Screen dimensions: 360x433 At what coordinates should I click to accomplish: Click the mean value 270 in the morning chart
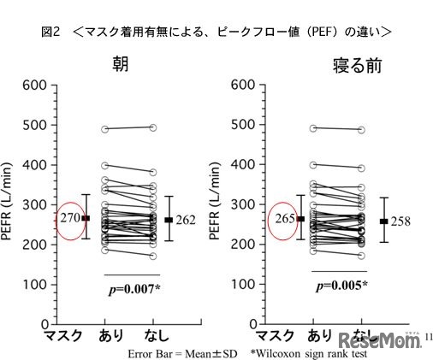click(x=70, y=219)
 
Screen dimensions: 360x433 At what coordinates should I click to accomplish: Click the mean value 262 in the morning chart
click(x=185, y=220)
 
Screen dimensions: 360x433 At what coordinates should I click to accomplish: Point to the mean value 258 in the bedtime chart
click(x=400, y=221)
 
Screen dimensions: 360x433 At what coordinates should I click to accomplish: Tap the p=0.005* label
click(x=341, y=286)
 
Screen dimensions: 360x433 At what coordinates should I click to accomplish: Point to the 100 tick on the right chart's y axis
click(x=244, y=285)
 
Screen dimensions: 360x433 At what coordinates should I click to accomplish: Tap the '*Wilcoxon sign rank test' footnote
click(x=307, y=351)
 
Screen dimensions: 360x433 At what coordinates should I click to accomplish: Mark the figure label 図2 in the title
click(x=50, y=32)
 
